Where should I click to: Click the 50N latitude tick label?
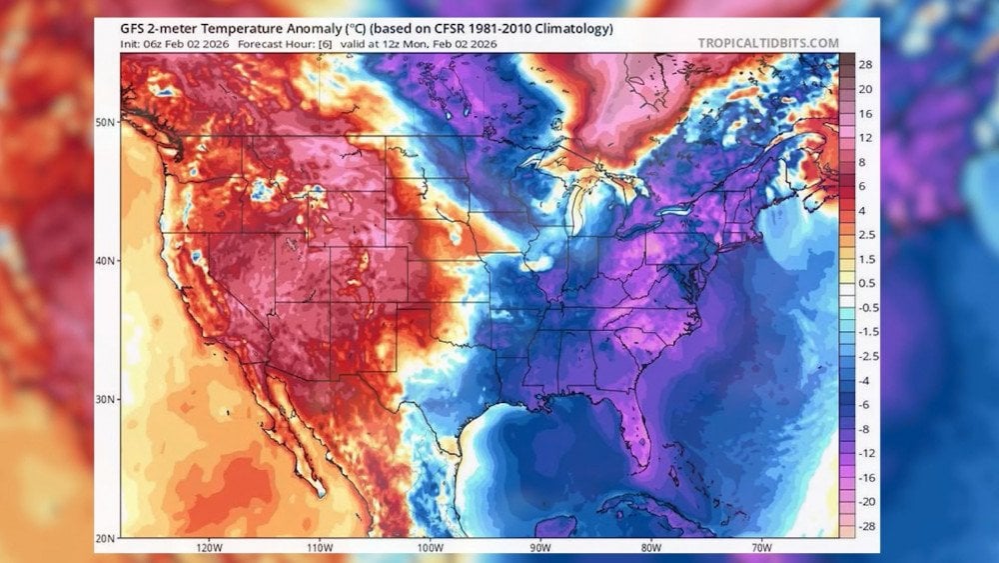105,122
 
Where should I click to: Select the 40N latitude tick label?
105,260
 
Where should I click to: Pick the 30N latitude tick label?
105,399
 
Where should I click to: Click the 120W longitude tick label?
208,547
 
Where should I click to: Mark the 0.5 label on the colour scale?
865,283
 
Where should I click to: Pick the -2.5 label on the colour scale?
865,355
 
